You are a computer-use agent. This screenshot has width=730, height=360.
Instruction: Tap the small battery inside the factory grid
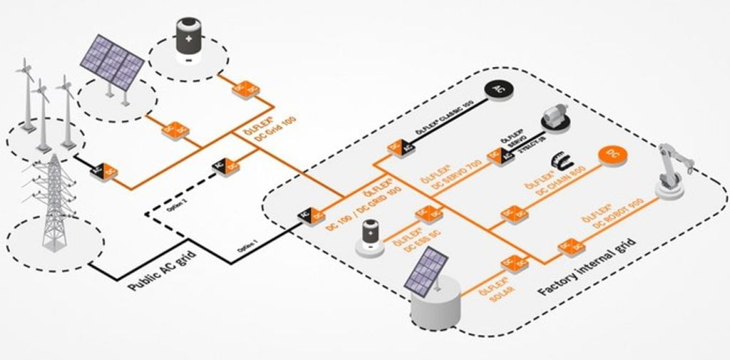tap(370, 236)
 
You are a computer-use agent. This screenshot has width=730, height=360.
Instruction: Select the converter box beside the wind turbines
tap(103, 169)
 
